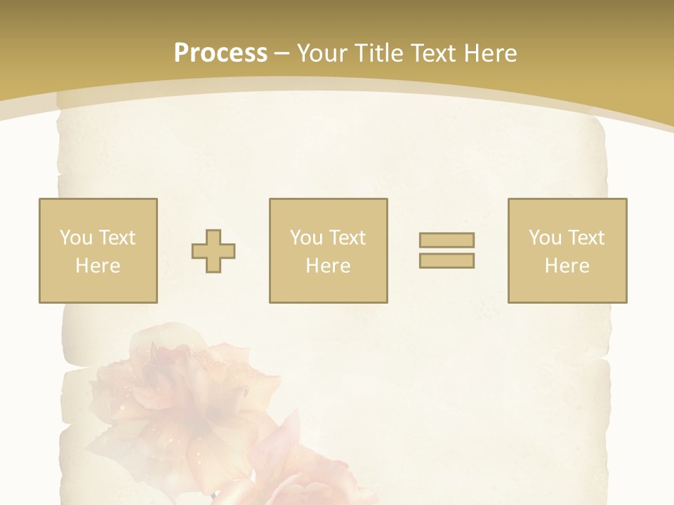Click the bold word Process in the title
tap(220, 53)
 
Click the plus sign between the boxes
tap(213, 251)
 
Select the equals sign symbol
tap(447, 250)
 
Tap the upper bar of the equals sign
tap(447, 240)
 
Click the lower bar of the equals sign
tap(447, 261)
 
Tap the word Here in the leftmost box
tap(98, 266)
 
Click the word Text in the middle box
tap(348, 238)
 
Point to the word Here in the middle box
tap(328, 266)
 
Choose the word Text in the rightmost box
tap(586, 238)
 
